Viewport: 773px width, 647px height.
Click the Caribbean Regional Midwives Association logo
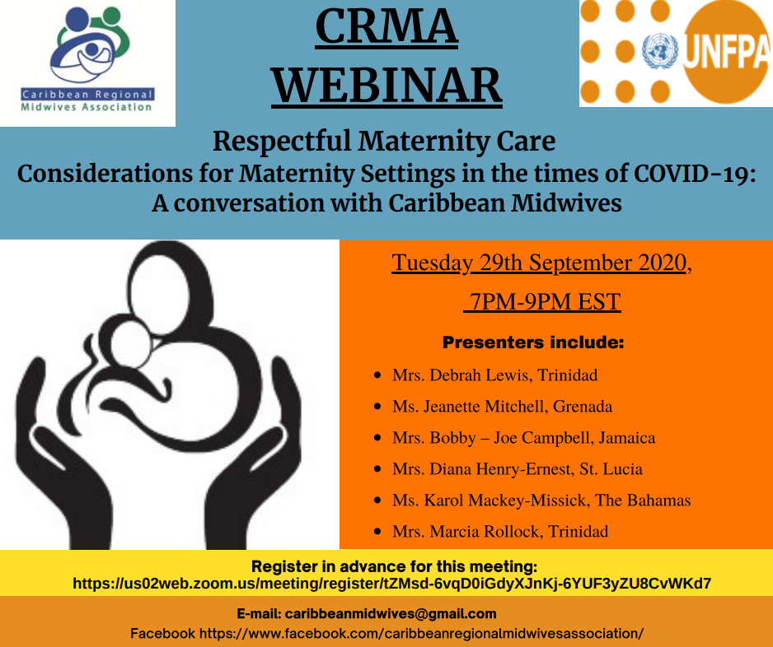[x=87, y=60]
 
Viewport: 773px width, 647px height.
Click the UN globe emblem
[x=659, y=51]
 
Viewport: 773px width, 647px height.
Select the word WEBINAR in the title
[x=386, y=86]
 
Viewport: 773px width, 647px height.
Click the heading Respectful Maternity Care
[x=384, y=142]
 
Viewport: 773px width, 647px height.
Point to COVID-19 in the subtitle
[x=695, y=174]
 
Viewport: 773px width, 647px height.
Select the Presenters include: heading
[x=533, y=342]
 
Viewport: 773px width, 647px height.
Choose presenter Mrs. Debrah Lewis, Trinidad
[x=495, y=375]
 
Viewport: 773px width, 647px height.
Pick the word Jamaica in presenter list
[x=626, y=438]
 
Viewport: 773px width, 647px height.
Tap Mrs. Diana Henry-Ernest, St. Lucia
[x=518, y=469]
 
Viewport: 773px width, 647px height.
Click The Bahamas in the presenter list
[x=643, y=500]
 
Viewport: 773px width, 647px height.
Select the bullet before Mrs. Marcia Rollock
[x=377, y=531]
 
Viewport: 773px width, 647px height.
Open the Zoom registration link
[x=392, y=584]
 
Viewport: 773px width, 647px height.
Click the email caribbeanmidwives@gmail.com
[x=391, y=614]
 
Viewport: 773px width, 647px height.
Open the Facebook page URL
[x=421, y=633]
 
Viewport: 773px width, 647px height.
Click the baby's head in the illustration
[x=129, y=343]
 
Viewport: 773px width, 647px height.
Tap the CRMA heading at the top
[x=386, y=26]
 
